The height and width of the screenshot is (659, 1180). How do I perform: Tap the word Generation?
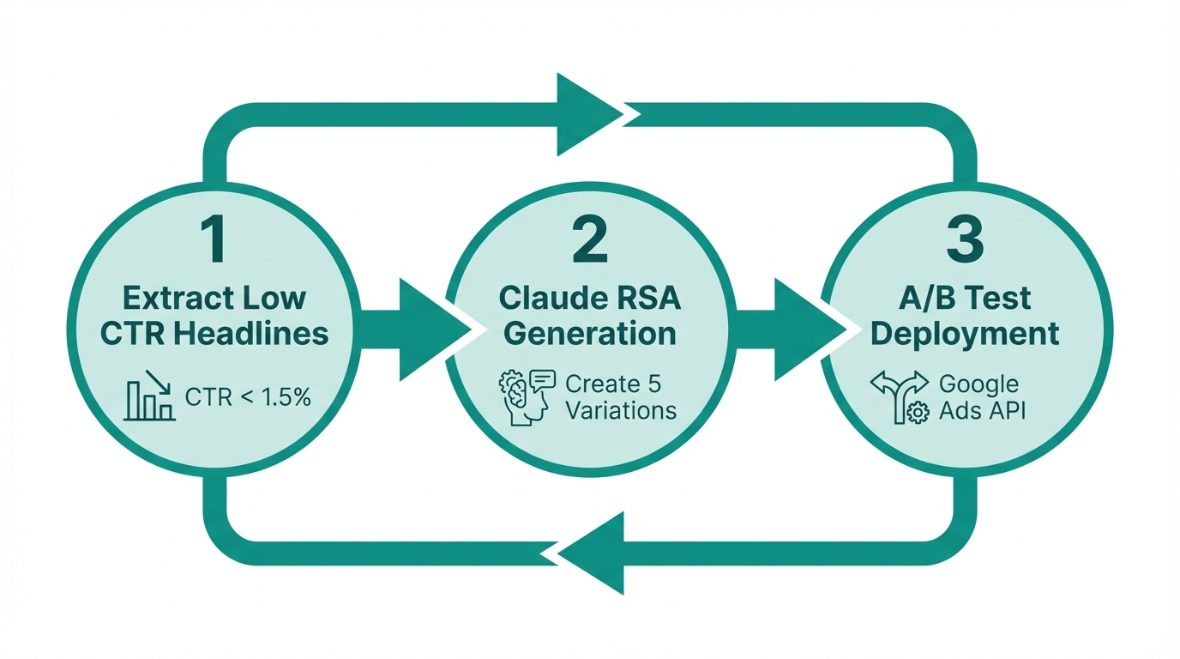[589, 333]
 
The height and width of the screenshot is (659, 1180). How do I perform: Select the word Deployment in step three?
[965, 333]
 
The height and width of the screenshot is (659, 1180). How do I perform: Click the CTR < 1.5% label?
[247, 397]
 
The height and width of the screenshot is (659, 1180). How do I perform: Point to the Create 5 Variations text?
[620, 396]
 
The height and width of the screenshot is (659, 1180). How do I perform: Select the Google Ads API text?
[981, 396]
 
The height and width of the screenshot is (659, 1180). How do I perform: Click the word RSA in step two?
[647, 298]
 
